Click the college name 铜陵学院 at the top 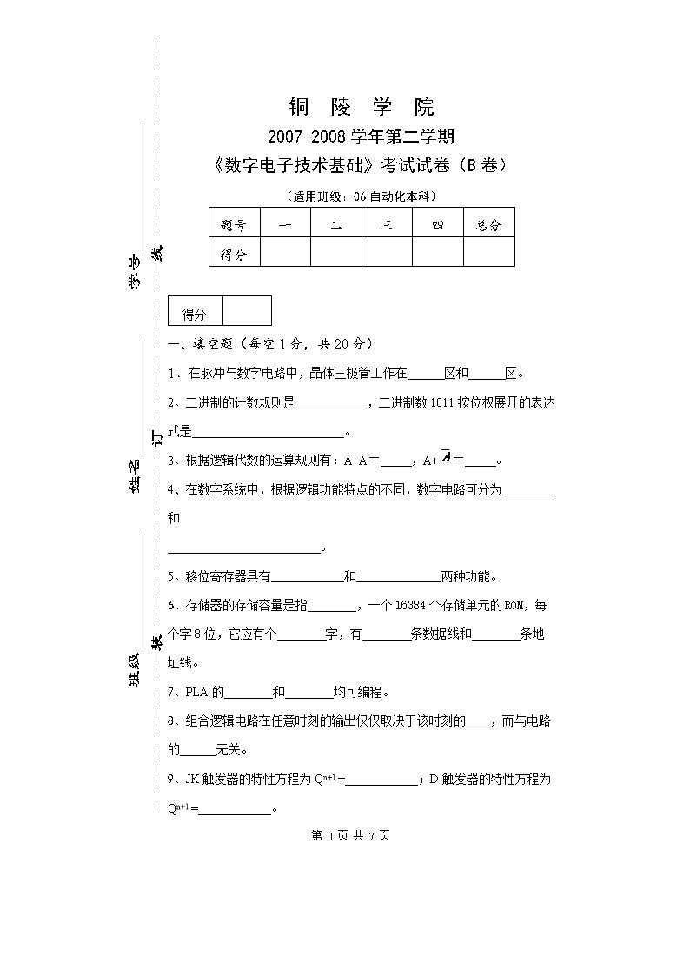click(361, 108)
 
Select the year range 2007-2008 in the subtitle click(308, 136)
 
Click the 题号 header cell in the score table click(234, 225)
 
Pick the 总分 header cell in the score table click(488, 225)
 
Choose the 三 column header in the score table click(387, 225)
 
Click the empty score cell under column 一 click(285, 254)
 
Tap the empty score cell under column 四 click(437, 254)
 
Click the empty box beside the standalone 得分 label click(247, 311)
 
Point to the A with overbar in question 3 click(445, 459)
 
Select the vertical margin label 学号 click(136, 273)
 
